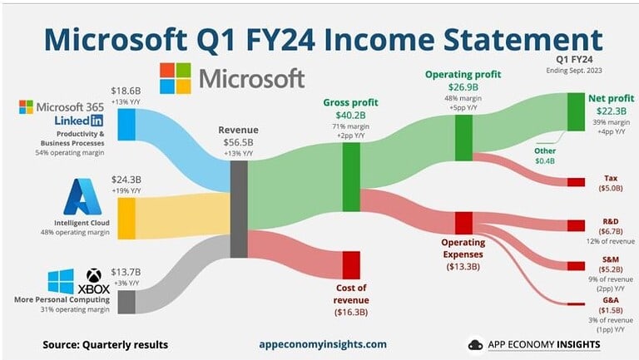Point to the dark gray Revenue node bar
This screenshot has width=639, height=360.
coord(239,210)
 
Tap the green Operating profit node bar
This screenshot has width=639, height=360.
coord(463,131)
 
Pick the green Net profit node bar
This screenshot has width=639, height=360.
coord(576,111)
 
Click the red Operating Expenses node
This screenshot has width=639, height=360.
coord(463,223)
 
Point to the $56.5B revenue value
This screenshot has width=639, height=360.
coord(239,142)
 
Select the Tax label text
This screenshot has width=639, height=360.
coord(610,178)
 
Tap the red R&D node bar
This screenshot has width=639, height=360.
coord(576,225)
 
